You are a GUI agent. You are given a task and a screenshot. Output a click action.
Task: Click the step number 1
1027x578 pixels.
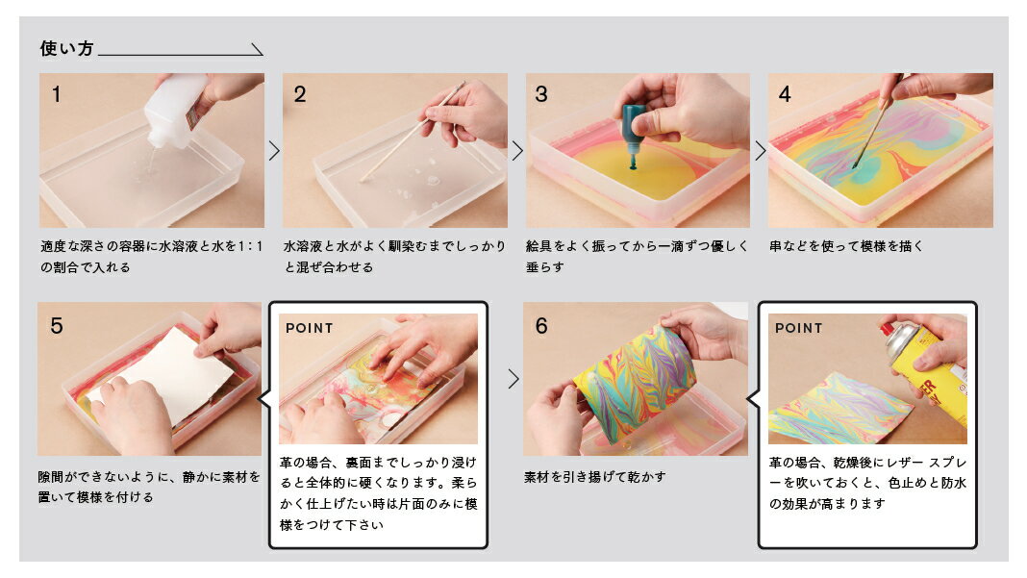(57, 94)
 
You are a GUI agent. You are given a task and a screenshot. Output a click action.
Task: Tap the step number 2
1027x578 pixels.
(299, 94)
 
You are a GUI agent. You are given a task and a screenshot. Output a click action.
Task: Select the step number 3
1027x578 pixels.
(541, 94)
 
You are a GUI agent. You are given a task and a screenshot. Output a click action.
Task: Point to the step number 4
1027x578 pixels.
(785, 94)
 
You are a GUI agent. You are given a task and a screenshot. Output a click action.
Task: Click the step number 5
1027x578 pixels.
(57, 326)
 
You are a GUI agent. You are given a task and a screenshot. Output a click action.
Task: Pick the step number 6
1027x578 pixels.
(541, 326)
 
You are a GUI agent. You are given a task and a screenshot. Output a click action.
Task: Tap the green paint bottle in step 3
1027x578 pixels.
(634, 135)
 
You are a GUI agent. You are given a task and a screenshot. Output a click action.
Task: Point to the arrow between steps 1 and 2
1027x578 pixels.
(274, 151)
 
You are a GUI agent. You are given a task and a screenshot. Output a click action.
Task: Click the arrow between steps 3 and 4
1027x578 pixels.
(760, 151)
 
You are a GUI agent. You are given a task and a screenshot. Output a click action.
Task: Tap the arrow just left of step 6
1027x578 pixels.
(513, 379)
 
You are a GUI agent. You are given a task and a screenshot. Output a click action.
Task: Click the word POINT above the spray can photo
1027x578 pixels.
(798, 328)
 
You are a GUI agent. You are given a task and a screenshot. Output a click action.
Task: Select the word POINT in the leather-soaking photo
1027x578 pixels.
(309, 328)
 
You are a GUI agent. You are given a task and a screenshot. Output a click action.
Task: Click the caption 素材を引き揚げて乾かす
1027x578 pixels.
(594, 477)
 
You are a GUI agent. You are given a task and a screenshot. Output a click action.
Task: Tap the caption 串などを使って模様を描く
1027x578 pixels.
(846, 246)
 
